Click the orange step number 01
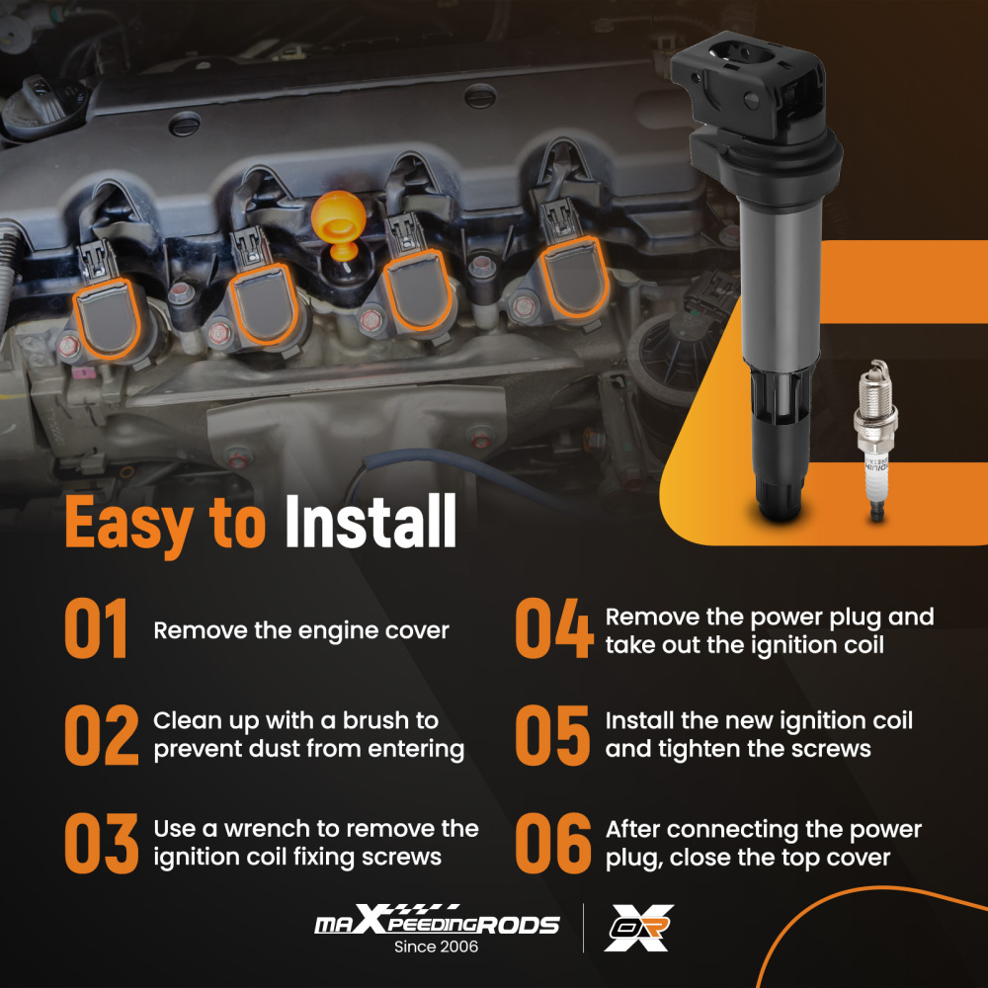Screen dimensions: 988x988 (x=97, y=628)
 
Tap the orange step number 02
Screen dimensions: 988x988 (x=102, y=735)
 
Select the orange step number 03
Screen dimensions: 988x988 (x=102, y=843)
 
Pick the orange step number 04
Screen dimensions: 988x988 (x=554, y=628)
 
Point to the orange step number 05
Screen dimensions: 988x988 (x=552, y=735)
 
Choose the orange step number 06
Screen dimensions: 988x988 (x=553, y=843)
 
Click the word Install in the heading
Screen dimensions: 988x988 (x=370, y=521)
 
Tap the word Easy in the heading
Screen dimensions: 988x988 (x=128, y=525)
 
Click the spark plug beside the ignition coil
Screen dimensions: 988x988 (x=875, y=441)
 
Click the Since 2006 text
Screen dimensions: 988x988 (x=436, y=947)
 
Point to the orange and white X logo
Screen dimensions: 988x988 (x=638, y=928)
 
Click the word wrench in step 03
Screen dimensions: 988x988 (x=267, y=829)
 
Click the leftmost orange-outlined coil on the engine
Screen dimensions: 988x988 (x=108, y=319)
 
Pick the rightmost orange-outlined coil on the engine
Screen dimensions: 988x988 (x=574, y=278)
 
